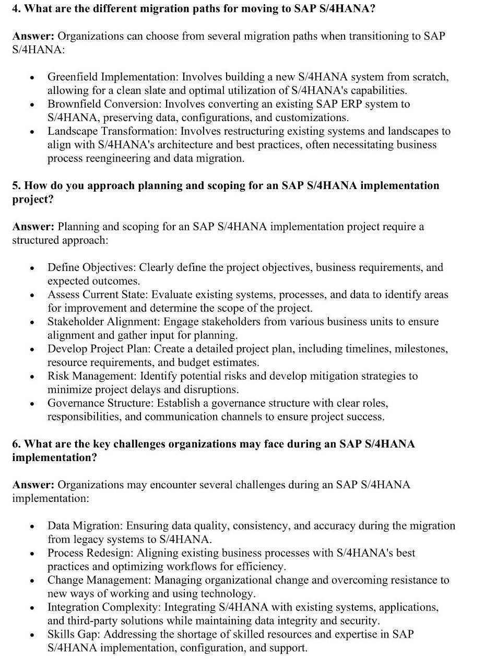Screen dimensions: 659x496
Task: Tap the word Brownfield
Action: coord(72,104)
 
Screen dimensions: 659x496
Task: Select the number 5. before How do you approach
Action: coord(16,186)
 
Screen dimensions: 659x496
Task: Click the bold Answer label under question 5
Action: coord(33,227)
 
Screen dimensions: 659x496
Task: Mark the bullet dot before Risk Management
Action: coord(32,377)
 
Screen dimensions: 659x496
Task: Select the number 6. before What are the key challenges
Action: coord(16,444)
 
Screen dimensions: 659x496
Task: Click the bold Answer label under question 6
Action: coord(33,485)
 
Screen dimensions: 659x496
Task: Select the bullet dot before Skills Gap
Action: coord(32,636)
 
